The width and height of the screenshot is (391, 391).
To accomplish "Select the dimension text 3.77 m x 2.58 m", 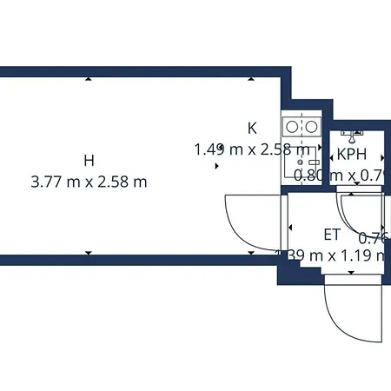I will (x=88, y=182).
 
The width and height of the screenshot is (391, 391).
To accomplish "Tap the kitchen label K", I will (x=252, y=128).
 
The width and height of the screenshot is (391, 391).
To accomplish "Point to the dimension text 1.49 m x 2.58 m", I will (x=252, y=149).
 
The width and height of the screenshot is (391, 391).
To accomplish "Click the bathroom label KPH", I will (x=352, y=155).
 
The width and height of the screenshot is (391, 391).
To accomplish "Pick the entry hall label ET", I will (x=332, y=234).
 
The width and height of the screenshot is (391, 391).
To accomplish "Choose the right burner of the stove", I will (x=309, y=127).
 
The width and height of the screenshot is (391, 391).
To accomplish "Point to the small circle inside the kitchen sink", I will (x=299, y=162).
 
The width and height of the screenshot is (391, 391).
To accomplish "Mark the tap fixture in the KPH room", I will (x=352, y=136).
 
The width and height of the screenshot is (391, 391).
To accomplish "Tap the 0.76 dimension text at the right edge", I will (x=374, y=237).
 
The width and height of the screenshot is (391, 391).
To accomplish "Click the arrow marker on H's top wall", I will (x=88, y=79).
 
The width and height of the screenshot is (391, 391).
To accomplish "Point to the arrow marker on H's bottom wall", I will (x=88, y=253).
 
